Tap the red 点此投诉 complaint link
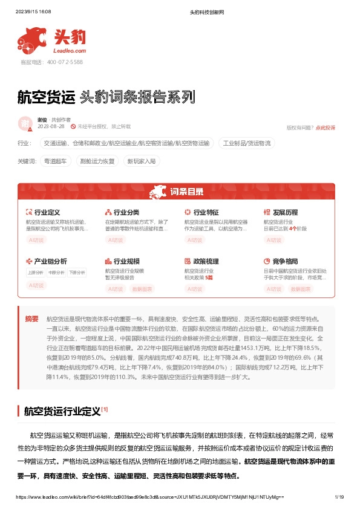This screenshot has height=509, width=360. (x=325, y=128)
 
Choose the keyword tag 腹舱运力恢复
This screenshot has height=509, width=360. (x=97, y=161)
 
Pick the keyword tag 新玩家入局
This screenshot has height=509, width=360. (x=140, y=161)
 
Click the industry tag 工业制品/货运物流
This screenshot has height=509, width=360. (x=247, y=143)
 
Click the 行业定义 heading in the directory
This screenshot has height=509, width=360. (x=47, y=213)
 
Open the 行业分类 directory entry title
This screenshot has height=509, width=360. (x=126, y=213)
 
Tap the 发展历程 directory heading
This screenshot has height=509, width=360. (x=285, y=213)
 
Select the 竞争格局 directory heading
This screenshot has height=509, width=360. (x=285, y=261)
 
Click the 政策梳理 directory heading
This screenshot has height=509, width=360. (x=206, y=261)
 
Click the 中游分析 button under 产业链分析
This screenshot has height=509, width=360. (x=56, y=273)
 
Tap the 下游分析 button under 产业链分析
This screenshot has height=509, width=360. (x=76, y=273)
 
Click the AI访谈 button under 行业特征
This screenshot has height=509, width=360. (x=195, y=240)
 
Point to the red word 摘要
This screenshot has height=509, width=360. (x=31, y=319)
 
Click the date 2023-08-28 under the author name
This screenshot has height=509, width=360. (x=51, y=127)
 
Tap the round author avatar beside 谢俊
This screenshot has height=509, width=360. (x=25, y=123)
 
